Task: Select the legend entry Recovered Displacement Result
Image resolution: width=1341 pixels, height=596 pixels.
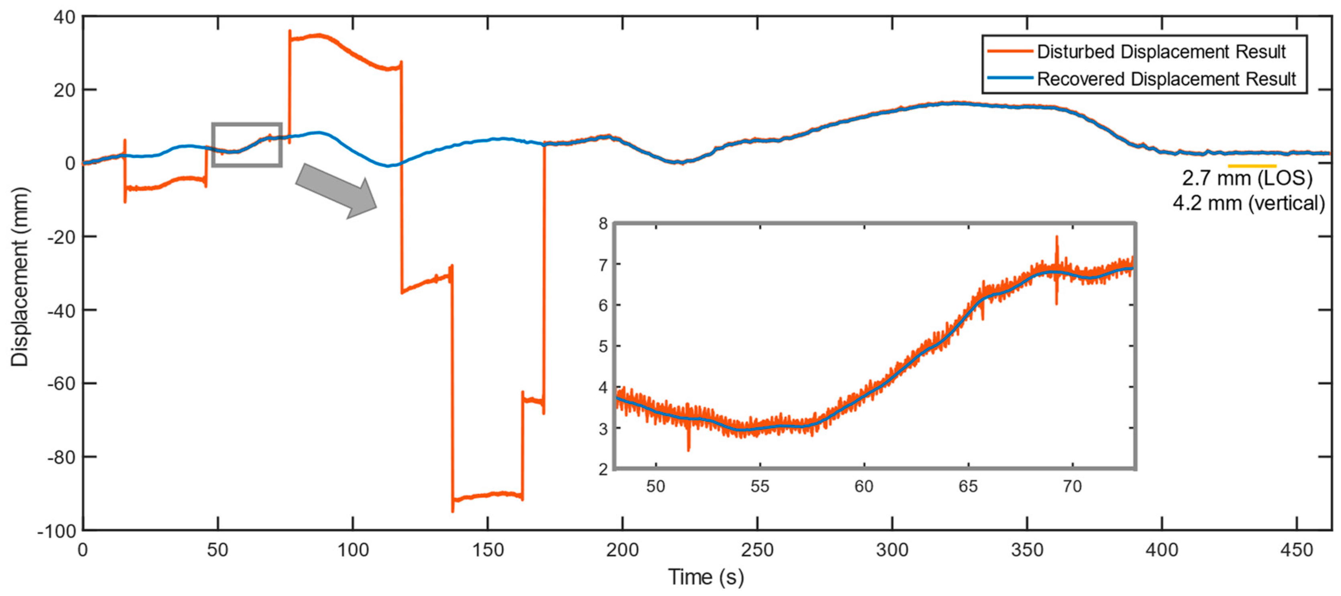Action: pos(1166,79)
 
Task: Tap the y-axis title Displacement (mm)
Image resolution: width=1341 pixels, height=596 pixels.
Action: pos(20,277)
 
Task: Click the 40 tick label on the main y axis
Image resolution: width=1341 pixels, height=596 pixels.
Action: pos(64,17)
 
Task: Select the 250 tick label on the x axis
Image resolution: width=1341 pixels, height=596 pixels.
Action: pos(758,550)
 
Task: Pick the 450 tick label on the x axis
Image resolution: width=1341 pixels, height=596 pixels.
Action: pos(1296,550)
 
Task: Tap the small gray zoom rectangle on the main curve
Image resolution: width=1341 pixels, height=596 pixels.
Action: pos(247,145)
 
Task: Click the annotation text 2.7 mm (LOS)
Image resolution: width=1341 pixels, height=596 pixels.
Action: pos(1247,179)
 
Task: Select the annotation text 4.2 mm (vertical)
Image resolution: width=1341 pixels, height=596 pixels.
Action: pos(1248,203)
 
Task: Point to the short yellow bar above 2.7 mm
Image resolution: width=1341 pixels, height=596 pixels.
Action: pos(1252,166)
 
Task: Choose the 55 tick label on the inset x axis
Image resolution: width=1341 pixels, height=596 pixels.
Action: pos(760,487)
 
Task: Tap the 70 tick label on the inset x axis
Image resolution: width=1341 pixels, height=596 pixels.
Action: pos(1073,487)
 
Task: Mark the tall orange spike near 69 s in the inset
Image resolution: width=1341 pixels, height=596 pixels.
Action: pos(1057,245)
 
